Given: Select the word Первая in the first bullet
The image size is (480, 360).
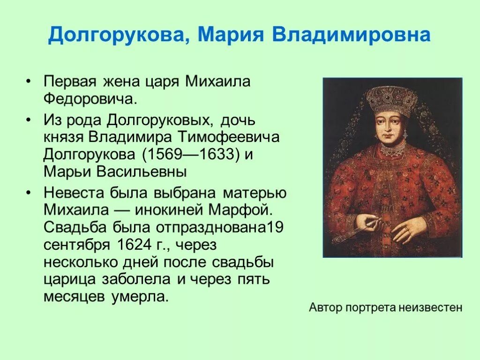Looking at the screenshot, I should point(69,82).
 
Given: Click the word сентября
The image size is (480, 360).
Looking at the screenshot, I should point(75,245).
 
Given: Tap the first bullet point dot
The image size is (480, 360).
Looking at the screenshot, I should point(29,82).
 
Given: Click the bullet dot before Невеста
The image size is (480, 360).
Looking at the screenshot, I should point(29,192).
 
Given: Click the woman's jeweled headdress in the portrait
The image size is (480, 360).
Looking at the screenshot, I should point(391,100).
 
